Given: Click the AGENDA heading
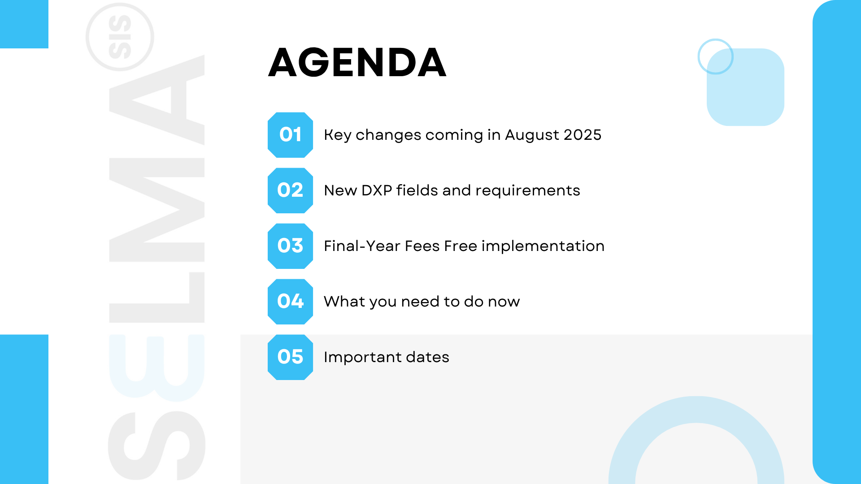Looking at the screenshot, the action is (x=357, y=62).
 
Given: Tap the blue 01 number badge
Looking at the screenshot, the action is (x=290, y=135).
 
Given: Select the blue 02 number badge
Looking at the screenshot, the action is (x=290, y=190).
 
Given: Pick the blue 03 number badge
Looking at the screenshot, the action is (x=290, y=246).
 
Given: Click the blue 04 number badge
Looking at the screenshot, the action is (x=290, y=302).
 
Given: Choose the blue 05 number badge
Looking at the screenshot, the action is (x=290, y=357).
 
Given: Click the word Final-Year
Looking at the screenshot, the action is (x=362, y=246).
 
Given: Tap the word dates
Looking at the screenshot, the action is (x=427, y=357).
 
